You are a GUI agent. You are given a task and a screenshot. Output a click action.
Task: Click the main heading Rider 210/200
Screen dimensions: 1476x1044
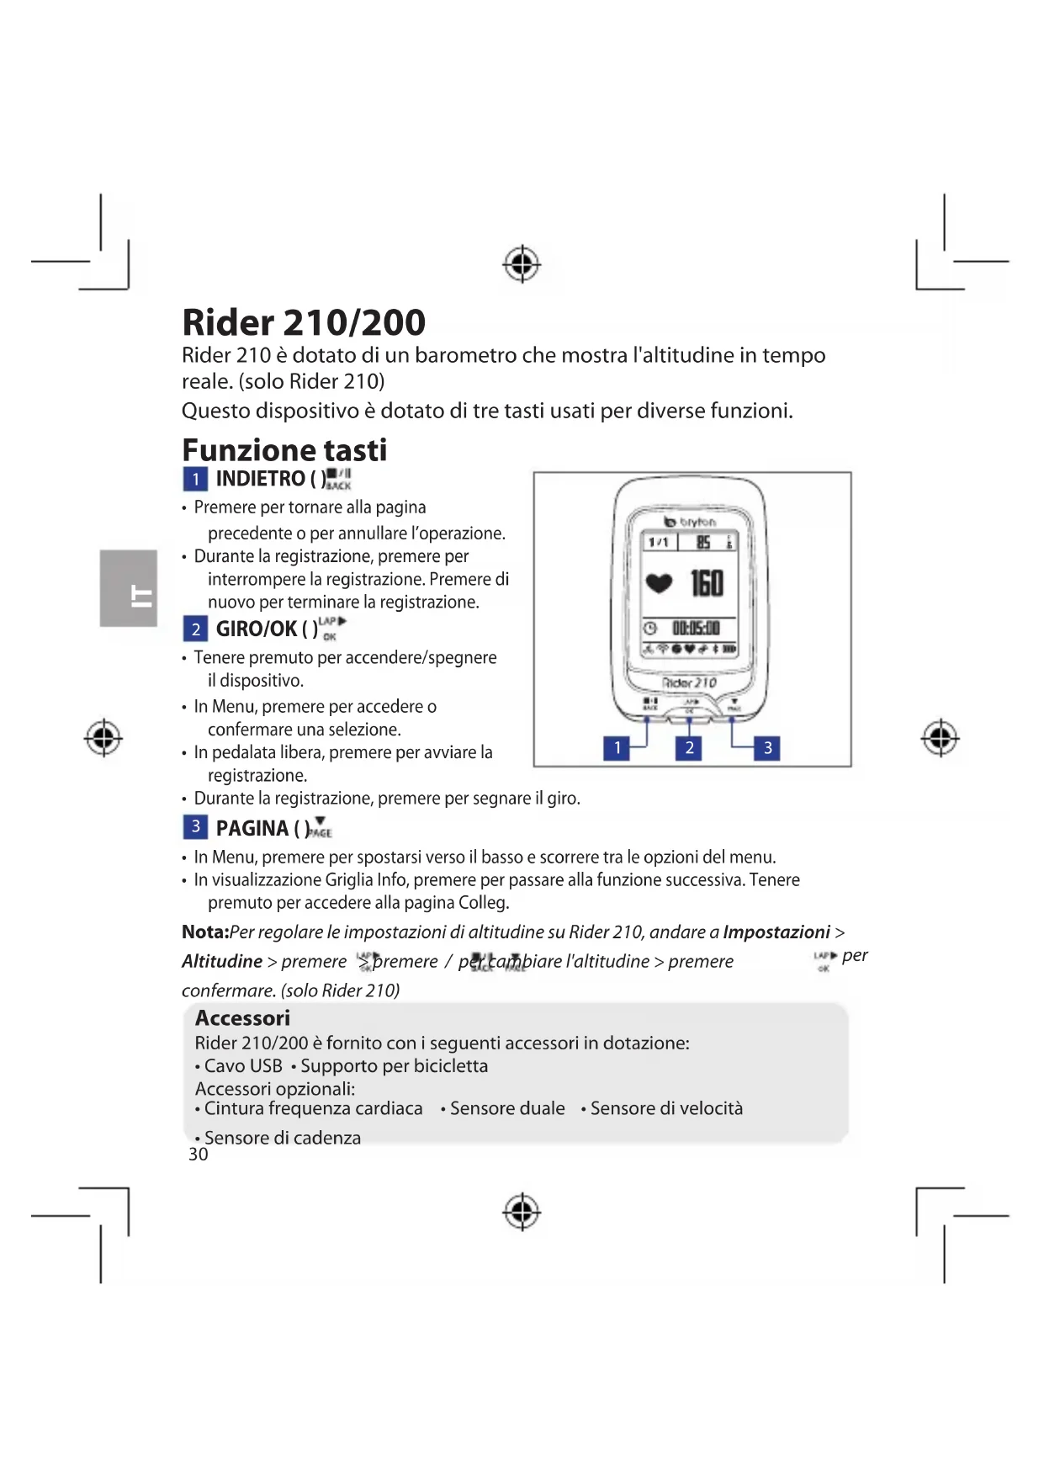[x=304, y=323]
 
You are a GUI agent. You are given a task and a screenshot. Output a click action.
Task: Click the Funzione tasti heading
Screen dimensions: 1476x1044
[x=284, y=450]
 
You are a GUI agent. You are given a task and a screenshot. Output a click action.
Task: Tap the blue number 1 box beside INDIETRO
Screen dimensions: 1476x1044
[x=195, y=479]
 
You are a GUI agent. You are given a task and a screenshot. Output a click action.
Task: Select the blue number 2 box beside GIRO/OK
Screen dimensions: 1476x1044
[x=195, y=629]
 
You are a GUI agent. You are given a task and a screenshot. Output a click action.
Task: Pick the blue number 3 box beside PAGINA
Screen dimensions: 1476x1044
[x=195, y=826]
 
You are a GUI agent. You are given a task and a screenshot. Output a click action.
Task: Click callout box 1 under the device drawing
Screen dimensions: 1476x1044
[x=617, y=747]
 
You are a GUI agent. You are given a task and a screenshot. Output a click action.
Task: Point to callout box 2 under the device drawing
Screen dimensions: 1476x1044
[x=689, y=747]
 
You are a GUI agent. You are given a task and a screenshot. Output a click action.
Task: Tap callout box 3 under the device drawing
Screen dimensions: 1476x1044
[x=767, y=747]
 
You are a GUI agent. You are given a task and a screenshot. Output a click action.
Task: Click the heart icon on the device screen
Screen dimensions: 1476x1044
[x=659, y=582]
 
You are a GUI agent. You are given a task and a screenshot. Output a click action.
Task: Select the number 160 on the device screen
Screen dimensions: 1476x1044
[x=707, y=582]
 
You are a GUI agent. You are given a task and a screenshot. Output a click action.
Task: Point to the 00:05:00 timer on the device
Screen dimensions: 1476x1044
[x=696, y=628]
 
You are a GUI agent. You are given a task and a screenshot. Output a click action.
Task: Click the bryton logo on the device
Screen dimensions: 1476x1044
[x=691, y=522]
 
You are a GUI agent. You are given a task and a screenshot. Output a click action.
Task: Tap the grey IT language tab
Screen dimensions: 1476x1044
[x=129, y=588]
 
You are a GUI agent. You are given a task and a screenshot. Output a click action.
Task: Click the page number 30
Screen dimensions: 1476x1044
[x=198, y=1155]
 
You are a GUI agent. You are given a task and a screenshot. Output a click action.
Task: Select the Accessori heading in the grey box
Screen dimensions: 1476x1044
[x=242, y=1018]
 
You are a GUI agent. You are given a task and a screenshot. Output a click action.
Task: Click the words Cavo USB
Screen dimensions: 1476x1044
[x=243, y=1066]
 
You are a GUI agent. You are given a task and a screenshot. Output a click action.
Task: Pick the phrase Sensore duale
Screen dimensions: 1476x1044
[x=506, y=1109]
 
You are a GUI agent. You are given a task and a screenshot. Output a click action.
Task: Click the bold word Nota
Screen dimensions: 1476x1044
[x=204, y=932]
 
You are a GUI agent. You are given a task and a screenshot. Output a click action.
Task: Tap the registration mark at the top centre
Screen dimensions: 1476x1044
[x=522, y=264]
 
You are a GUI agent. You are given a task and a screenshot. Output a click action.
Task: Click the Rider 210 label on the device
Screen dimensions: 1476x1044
[x=690, y=682]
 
